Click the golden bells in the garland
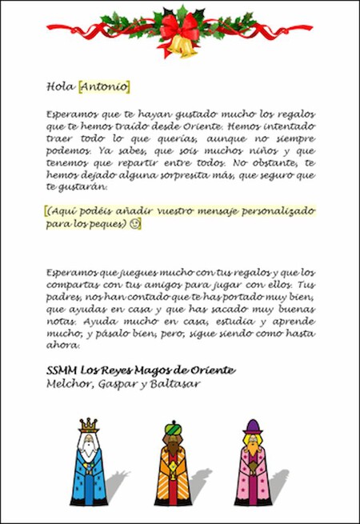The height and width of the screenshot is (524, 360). click(x=185, y=47)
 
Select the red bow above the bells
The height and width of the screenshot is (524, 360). click(x=177, y=28)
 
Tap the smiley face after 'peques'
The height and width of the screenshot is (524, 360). click(x=135, y=225)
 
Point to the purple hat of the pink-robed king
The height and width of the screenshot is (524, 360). click(x=253, y=426)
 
